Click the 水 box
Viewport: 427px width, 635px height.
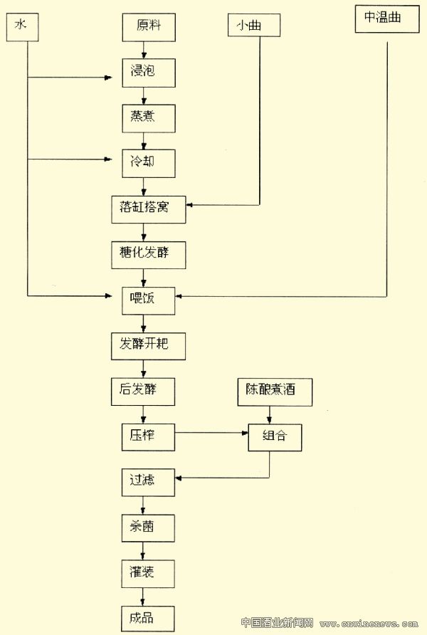(x=21, y=27)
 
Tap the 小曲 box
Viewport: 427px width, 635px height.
(x=254, y=26)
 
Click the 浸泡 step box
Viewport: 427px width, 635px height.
(x=147, y=72)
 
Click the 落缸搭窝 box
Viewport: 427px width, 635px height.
(x=148, y=208)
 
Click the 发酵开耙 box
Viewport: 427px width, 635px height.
(x=148, y=345)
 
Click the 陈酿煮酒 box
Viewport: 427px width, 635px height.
(x=275, y=390)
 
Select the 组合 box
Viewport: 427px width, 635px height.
(x=274, y=436)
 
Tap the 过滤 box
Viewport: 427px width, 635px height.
(x=147, y=481)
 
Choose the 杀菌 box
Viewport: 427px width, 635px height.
(x=147, y=527)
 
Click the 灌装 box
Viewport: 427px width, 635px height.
(x=147, y=572)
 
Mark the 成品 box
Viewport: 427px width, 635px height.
(x=147, y=616)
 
